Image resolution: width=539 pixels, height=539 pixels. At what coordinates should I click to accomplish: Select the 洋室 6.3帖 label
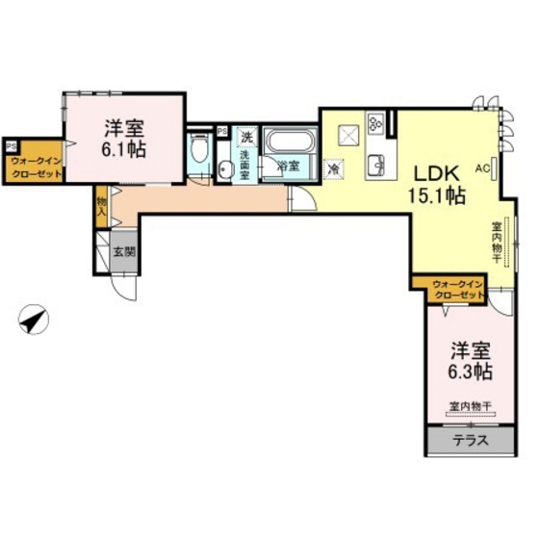click(x=469, y=362)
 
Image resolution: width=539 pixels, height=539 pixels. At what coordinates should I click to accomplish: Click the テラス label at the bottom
click(x=470, y=441)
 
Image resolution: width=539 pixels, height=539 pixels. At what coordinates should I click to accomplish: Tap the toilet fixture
click(x=199, y=151)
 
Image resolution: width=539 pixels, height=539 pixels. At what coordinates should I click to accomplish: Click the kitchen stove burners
click(x=374, y=124)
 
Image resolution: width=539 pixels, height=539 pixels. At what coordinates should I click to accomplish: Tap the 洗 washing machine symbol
click(x=247, y=136)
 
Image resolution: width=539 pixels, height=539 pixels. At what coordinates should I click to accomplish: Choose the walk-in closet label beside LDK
click(x=456, y=289)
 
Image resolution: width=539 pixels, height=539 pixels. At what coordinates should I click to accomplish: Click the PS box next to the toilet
click(x=222, y=131)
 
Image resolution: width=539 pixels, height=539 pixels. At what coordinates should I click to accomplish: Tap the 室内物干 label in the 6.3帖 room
click(x=470, y=406)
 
